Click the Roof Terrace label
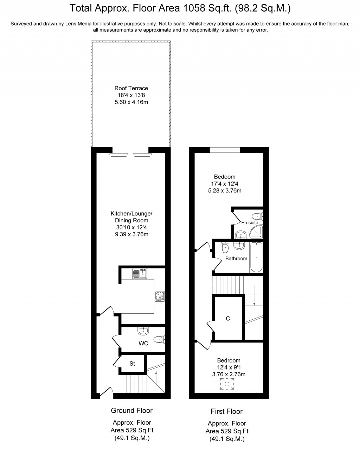[131, 88]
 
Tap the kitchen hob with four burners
[160, 296]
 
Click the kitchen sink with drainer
[140, 274]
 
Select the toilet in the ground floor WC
[159, 339]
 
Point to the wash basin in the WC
[143, 331]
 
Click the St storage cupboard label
[132, 364]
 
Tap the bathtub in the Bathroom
[256, 257]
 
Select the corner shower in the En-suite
[256, 232]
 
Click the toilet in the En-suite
[257, 216]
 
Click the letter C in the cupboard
[228, 319]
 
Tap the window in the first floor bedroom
[225, 150]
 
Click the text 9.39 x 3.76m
[131, 234]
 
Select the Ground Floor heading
[131, 410]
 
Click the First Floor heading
[226, 411]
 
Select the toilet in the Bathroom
[225, 247]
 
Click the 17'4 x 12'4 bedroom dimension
[225, 184]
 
